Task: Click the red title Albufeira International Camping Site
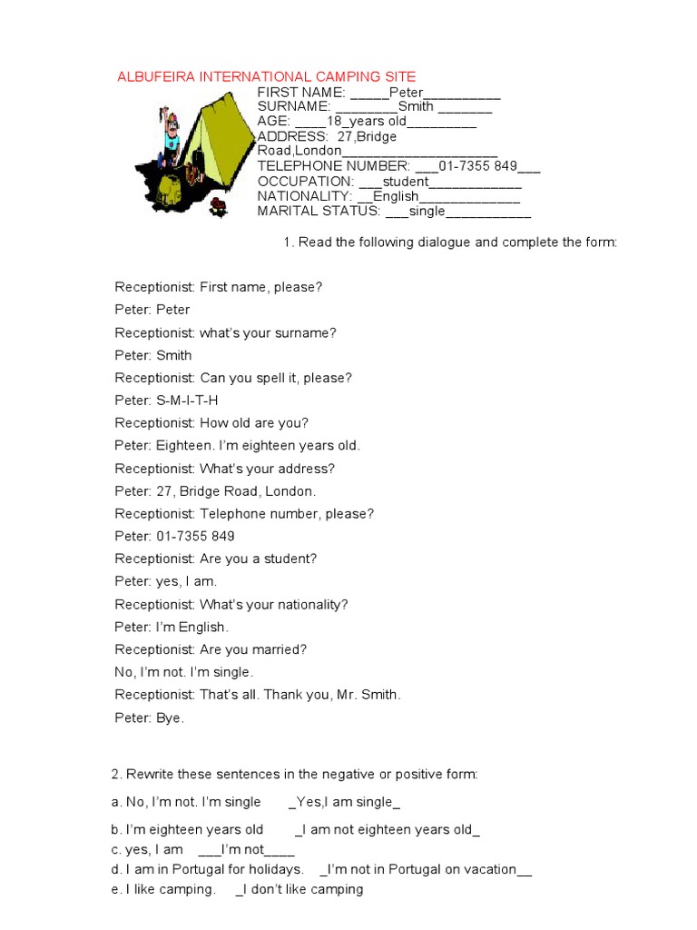(267, 77)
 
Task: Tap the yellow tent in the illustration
(218, 136)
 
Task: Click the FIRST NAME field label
(300, 93)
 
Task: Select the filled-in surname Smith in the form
(416, 107)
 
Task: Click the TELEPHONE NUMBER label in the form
(334, 166)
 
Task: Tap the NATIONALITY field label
(304, 196)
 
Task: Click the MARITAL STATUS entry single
(427, 211)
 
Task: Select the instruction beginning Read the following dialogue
(450, 242)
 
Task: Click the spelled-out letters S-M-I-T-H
(187, 401)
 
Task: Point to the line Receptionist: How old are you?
(211, 423)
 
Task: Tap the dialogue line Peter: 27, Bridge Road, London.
(215, 491)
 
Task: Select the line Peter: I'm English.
(172, 628)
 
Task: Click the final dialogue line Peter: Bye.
(149, 718)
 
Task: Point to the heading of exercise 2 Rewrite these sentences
(294, 775)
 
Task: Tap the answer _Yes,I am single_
(344, 803)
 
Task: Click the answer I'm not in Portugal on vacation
(425, 870)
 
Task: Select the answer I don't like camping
(299, 890)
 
